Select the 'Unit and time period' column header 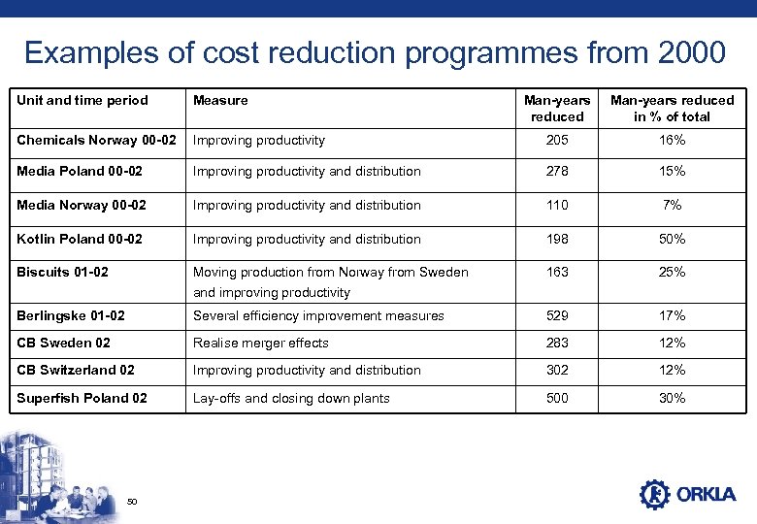82,100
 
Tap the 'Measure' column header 220,100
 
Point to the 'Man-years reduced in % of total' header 672,108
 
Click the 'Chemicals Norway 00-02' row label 96,140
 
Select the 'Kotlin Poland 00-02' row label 80,239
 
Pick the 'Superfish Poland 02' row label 82,398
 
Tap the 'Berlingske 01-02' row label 71,315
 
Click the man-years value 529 557,315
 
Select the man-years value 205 557,140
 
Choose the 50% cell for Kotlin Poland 672,239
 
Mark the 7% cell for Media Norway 672,205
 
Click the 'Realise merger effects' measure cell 261,343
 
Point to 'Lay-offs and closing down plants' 291,398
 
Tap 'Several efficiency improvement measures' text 318,315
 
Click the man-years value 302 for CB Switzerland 557,370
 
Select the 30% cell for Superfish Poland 672,398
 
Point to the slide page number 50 133,501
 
